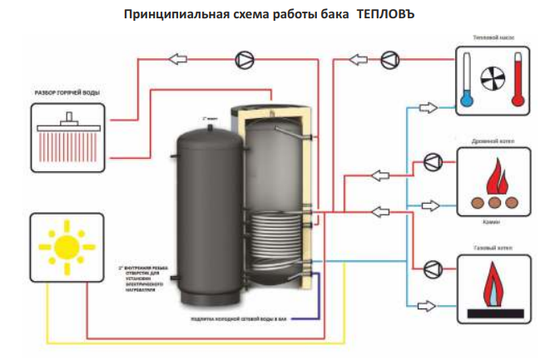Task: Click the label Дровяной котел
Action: (492, 141)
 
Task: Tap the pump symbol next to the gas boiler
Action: (432, 269)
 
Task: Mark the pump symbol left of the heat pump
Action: (390, 59)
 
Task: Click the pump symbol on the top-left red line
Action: (244, 59)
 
